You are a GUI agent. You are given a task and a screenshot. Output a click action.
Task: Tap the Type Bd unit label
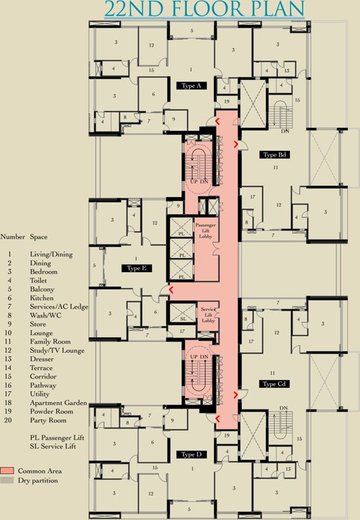tap(274, 155)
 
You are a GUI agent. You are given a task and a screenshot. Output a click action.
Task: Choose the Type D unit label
tap(191, 454)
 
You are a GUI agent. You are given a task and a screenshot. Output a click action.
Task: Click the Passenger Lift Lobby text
tap(205, 232)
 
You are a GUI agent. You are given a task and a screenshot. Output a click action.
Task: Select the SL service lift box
tap(183, 318)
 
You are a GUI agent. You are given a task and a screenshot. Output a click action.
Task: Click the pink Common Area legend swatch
tap(7, 470)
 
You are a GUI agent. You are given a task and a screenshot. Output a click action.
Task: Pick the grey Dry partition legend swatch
tap(7, 479)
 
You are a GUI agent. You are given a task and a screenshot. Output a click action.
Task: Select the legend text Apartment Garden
tap(58, 403)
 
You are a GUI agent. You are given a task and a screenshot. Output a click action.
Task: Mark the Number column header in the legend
tap(12, 238)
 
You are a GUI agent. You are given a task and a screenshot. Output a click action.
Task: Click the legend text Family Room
tap(51, 341)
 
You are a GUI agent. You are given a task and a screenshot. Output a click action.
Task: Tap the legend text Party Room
tap(46, 420)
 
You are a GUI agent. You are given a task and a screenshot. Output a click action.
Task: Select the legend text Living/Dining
tap(51, 253)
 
